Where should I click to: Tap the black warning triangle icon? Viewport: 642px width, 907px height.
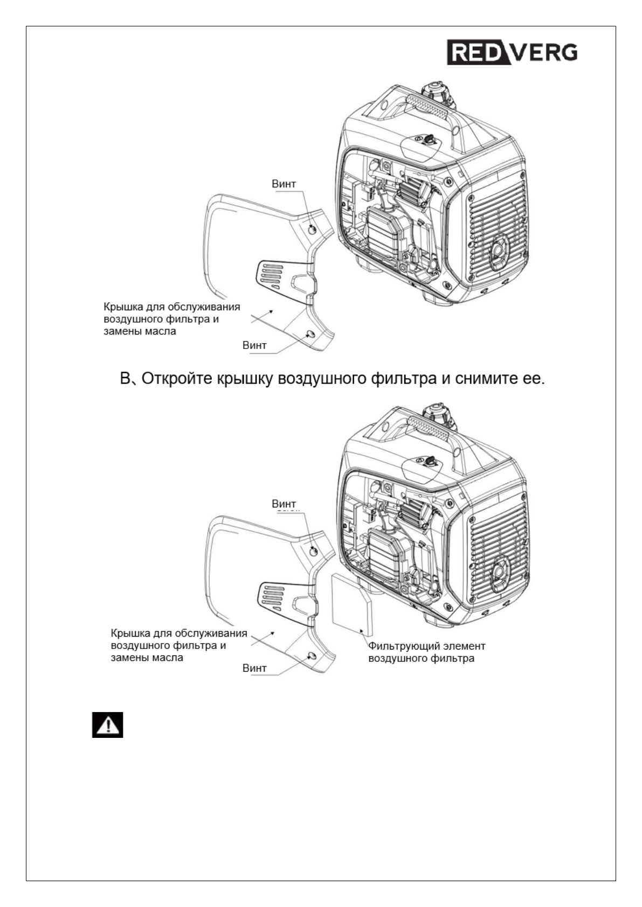tap(107, 725)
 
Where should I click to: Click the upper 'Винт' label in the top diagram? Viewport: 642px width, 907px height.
tap(284, 184)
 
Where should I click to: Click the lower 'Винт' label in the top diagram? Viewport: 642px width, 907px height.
tap(254, 345)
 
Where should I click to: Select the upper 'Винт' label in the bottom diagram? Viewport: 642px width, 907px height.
tap(284, 504)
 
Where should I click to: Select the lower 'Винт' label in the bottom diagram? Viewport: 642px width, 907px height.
tap(254, 668)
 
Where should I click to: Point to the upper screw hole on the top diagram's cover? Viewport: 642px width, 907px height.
tap(313, 230)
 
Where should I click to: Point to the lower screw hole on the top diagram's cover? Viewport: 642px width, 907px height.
tap(310, 334)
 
